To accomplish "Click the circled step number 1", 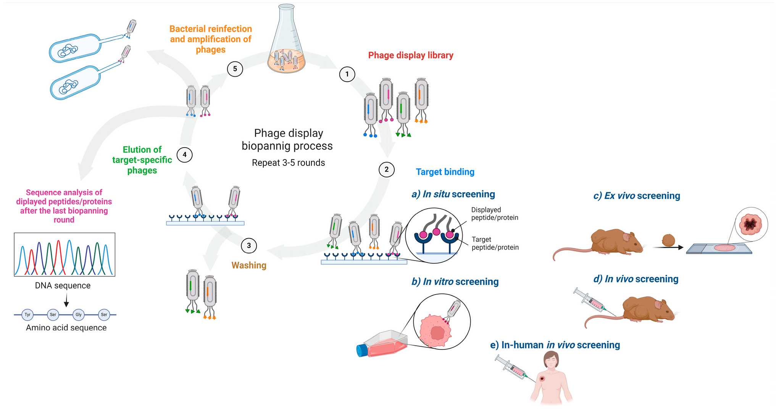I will tap(347, 74).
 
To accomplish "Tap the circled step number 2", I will tap(386, 169).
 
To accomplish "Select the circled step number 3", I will tap(249, 245).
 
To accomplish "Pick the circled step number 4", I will tap(185, 155).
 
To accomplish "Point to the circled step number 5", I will tap(235, 69).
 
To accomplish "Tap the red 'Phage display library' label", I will tap(411, 55).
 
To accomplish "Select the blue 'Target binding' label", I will tap(445, 172).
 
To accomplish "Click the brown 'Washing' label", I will tap(249, 266).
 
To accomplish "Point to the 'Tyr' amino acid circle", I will tap(27, 315).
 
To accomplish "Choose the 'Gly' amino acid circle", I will tap(79, 315).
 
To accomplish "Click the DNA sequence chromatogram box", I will tap(65, 254).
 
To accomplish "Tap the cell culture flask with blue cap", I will tap(382, 344).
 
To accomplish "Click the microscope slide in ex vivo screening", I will tap(719, 249).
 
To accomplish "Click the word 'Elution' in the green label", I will tap(142, 150).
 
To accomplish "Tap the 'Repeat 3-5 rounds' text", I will tap(289, 163).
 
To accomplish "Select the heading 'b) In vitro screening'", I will tap(455, 282).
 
